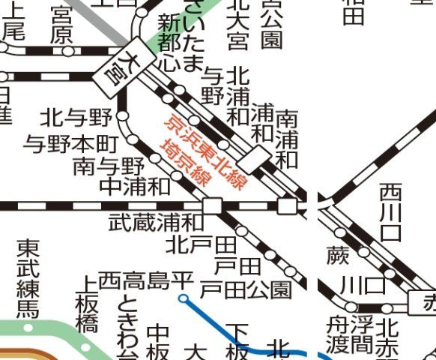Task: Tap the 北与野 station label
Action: click(76, 118)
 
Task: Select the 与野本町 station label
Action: click(72, 142)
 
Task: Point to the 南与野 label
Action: click(108, 165)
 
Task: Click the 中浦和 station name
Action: click(135, 186)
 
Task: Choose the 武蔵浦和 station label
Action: click(155, 222)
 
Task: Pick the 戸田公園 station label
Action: click(246, 289)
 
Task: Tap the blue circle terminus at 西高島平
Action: click(184, 298)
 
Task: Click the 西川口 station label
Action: click(390, 212)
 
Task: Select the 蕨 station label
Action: click(337, 256)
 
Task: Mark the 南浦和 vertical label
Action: click(287, 139)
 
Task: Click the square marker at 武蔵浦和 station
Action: click(212, 205)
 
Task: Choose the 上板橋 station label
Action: click(87, 304)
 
